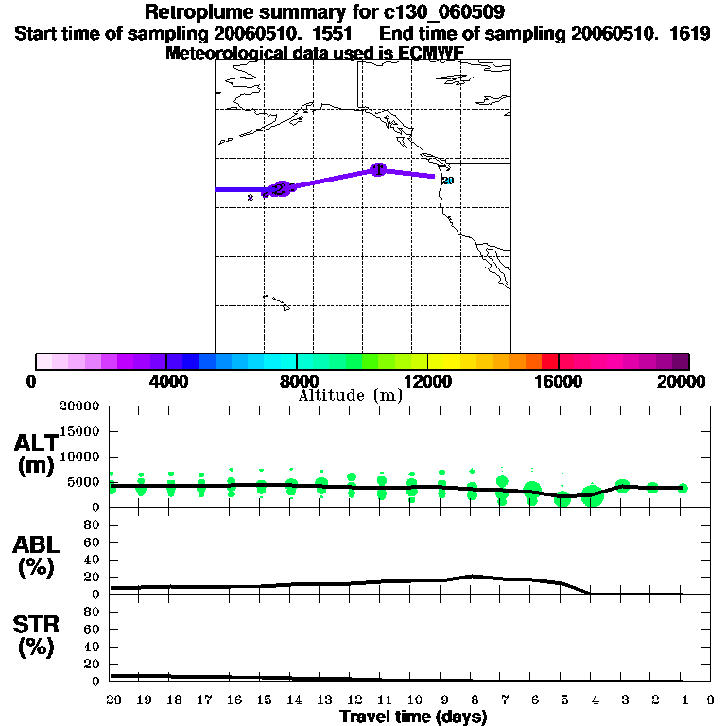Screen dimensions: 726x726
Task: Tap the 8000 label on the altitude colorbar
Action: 296,381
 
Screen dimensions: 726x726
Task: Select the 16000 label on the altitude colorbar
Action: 559,381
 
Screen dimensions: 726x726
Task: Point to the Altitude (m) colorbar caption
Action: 350,395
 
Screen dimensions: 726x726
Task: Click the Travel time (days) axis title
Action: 413,717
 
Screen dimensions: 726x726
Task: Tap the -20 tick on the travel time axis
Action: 110,700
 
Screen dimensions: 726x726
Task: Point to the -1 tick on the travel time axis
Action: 682,700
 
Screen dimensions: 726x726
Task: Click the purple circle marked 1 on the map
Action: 378,169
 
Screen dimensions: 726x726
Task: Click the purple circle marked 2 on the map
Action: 281,189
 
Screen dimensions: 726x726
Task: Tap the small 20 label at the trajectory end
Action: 448,181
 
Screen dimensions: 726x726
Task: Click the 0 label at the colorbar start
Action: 35,381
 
